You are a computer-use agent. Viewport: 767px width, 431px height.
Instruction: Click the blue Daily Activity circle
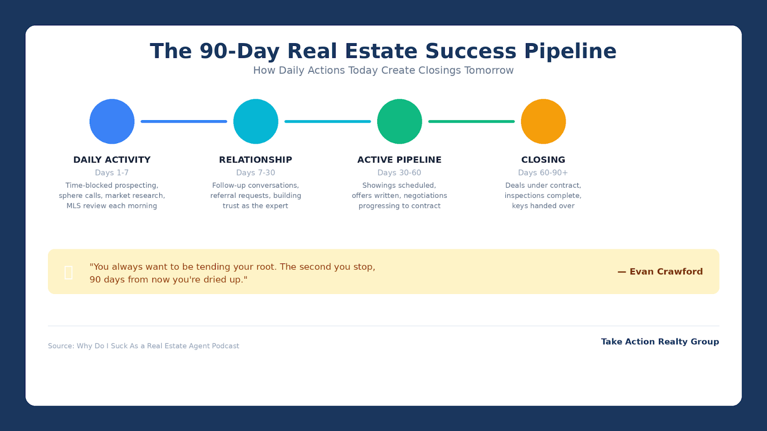[x=112, y=121]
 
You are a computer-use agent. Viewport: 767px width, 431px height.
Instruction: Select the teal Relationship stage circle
[x=256, y=121]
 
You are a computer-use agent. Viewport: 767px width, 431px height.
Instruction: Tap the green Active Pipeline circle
[x=399, y=121]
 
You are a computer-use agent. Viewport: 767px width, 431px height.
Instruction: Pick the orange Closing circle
[x=543, y=121]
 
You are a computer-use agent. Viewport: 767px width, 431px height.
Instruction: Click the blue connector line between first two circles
[x=184, y=121]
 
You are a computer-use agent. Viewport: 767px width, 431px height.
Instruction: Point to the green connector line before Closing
[x=471, y=121]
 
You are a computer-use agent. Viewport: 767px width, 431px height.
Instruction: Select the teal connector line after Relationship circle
[x=327, y=121]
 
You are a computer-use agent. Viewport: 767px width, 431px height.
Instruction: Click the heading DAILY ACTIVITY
[x=112, y=160]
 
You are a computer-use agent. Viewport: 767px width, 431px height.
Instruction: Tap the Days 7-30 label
[x=256, y=173]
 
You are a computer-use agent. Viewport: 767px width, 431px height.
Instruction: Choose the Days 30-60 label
[x=399, y=173]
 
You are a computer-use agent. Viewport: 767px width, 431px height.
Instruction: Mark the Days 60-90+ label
[x=543, y=173]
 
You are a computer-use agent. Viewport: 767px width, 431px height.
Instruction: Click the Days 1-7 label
[x=112, y=173]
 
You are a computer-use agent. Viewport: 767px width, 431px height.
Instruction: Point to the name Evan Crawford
[x=666, y=272]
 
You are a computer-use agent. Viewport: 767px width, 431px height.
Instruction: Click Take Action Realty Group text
[x=660, y=341]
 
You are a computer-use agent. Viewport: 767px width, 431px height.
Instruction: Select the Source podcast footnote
[x=143, y=346]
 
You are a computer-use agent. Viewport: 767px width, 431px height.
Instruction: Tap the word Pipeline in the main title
[x=570, y=51]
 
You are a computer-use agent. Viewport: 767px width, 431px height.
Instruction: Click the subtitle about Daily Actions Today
[x=383, y=70]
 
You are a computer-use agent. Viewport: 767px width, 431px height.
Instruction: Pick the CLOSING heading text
[x=543, y=160]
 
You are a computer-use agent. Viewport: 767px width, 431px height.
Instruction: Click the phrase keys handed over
[x=543, y=206]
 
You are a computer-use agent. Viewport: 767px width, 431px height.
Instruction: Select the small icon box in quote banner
[x=69, y=272]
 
